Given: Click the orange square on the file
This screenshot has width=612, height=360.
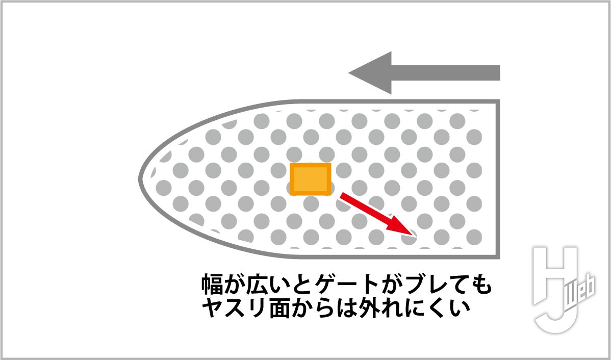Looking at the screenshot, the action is tap(311, 179).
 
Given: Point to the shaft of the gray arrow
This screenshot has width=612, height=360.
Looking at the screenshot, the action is tap(446, 73).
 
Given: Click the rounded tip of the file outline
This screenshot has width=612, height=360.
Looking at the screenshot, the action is tap(140, 179).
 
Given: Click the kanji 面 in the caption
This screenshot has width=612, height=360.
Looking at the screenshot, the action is tap(279, 308).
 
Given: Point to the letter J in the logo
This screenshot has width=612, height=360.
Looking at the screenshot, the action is tap(557, 317).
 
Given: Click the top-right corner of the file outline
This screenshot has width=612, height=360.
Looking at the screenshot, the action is tap(499, 101).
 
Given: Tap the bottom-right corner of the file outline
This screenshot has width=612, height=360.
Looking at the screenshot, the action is tap(499, 258).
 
